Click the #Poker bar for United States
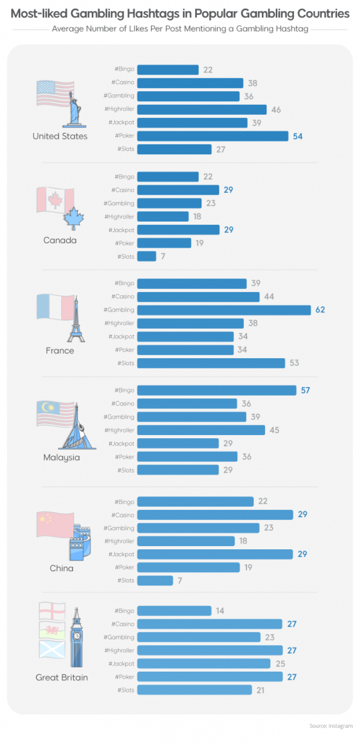[x=212, y=136]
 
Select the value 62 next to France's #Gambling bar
[x=320, y=310]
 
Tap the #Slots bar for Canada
[x=147, y=257]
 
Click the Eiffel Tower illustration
[x=77, y=319]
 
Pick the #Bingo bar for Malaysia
[x=216, y=390]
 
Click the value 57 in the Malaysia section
[x=304, y=390]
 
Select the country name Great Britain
[x=61, y=677]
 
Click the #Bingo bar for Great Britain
[x=174, y=610]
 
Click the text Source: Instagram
[x=331, y=726]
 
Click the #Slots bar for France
[x=211, y=363]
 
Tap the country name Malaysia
[x=61, y=458]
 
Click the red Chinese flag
[x=54, y=524]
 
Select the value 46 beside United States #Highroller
[x=276, y=110]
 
